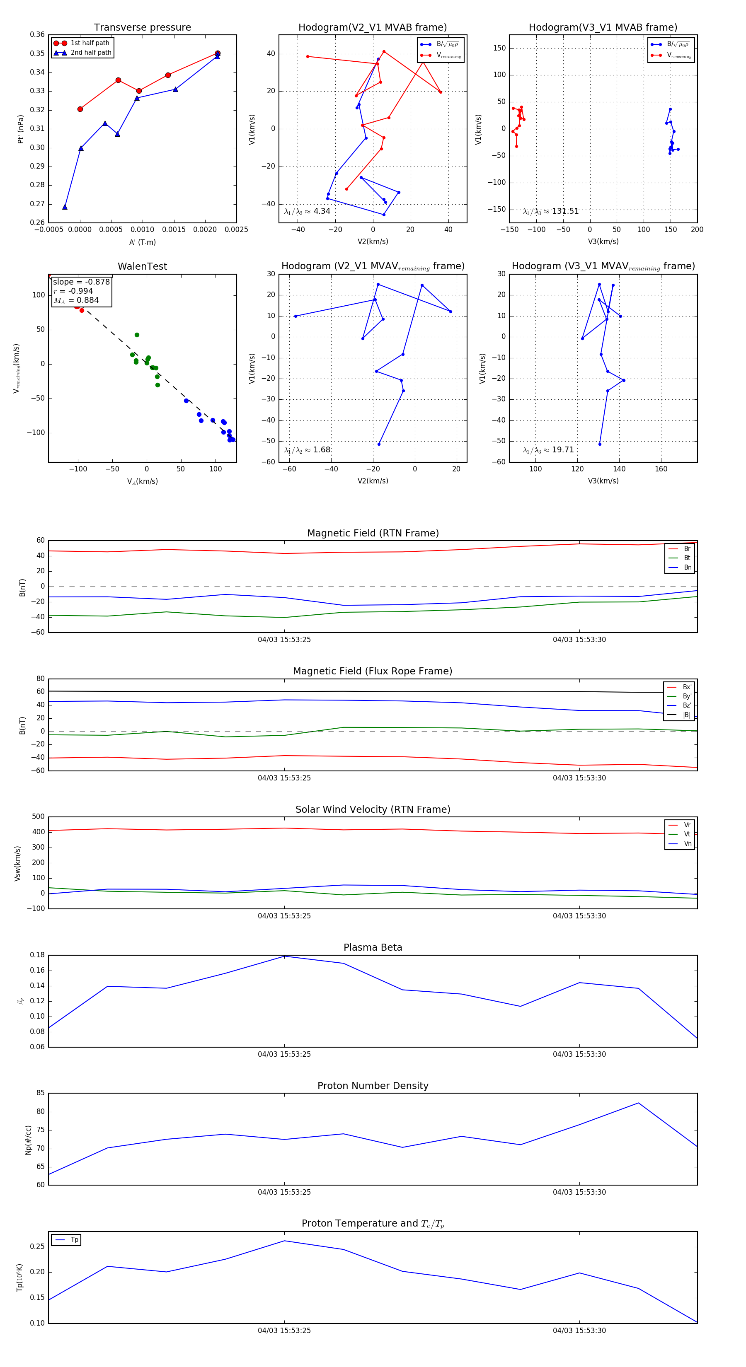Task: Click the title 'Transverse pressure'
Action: pos(142,28)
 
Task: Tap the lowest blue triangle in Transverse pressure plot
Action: pos(65,207)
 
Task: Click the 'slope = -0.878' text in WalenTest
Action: pos(81,282)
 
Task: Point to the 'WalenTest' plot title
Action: pos(142,266)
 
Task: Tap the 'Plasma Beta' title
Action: pos(373,947)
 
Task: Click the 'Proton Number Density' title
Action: pos(373,1086)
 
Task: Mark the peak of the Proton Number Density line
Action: pos(638,1103)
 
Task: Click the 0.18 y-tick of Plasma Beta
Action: pos(37,955)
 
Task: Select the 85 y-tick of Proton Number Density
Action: pos(40,1093)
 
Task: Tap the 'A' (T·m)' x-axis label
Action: pos(142,242)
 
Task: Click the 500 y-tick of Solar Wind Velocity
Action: pos(38,817)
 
